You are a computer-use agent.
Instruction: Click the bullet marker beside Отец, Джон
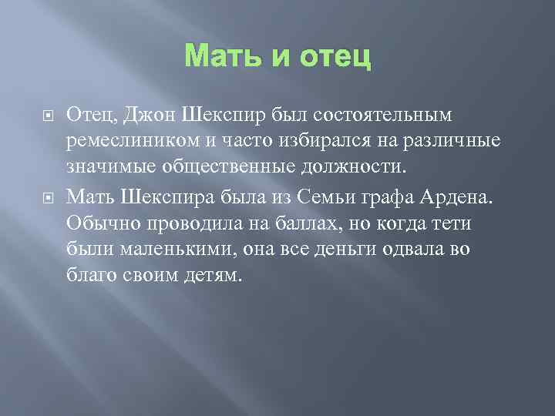(47, 115)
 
